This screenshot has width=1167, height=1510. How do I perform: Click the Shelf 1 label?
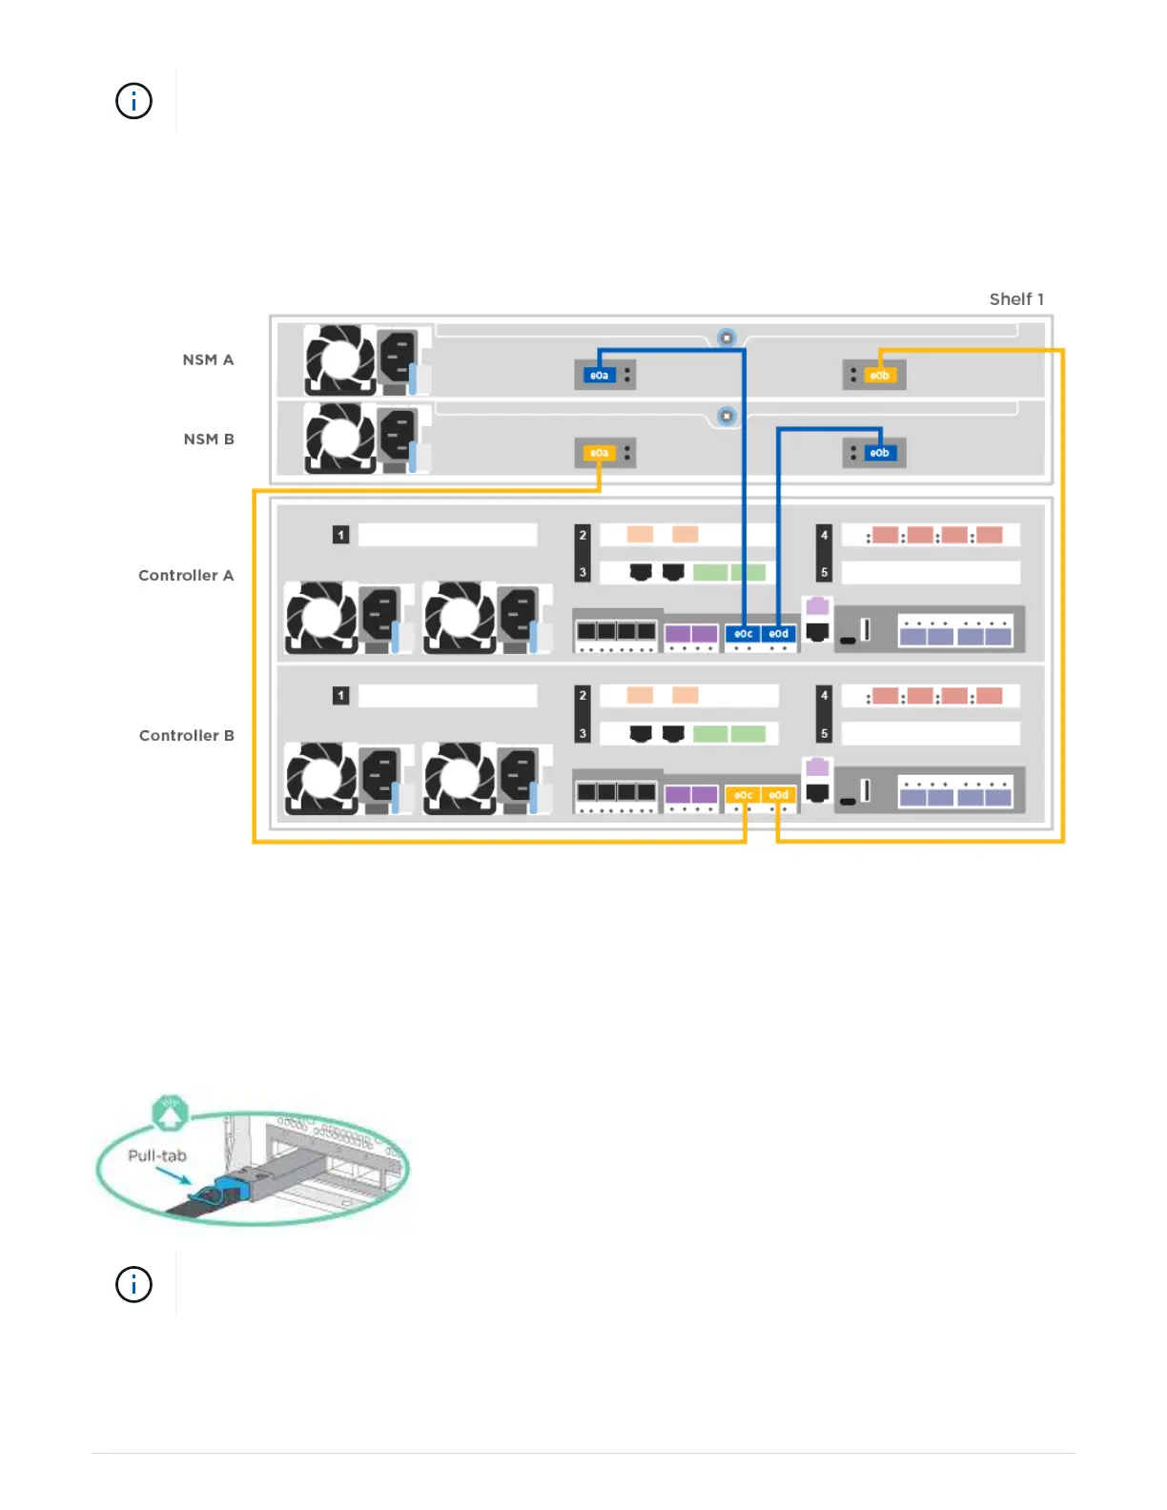1016,299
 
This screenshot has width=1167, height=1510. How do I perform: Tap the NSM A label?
208,359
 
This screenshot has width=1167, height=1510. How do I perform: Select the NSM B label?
209,439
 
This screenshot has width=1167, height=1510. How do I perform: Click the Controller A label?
186,576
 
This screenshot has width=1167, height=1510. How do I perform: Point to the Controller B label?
187,736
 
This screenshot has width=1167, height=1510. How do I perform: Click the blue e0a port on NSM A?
599,376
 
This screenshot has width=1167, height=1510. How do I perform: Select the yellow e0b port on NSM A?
879,376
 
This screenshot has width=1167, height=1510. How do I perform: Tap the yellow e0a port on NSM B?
599,453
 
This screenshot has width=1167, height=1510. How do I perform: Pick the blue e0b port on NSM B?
879,453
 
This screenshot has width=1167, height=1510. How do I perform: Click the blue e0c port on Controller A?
743,634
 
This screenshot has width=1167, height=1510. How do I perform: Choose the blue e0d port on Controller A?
779,634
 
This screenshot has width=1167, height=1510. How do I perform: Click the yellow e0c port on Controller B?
743,795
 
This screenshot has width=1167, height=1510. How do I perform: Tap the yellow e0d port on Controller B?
779,795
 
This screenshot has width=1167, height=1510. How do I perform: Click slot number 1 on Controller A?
340,535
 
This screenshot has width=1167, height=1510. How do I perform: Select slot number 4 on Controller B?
825,696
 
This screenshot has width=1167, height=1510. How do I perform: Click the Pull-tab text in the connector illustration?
157,1155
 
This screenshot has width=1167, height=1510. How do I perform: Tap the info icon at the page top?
133,101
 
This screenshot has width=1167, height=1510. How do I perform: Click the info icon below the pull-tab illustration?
133,1284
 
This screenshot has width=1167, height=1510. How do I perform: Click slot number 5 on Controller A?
825,573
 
